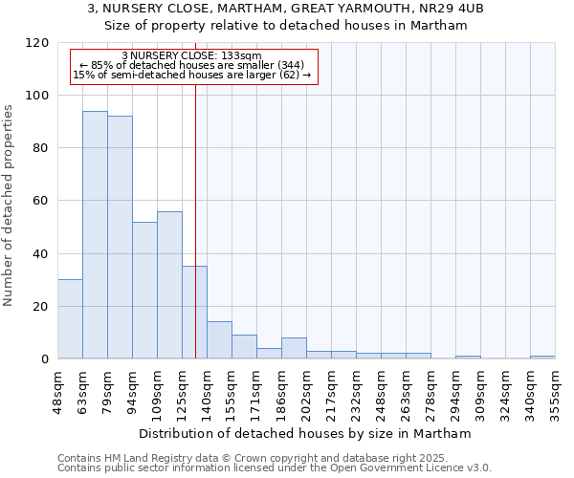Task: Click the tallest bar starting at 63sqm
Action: coord(95,234)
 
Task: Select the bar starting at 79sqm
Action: coord(120,237)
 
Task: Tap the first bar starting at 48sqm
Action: coord(70,319)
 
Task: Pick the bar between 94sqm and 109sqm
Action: coord(144,291)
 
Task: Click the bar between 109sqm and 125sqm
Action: coord(169,285)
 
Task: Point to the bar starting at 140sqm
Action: coord(219,340)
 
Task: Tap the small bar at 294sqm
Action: coord(468,358)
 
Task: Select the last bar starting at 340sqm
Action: coord(542,358)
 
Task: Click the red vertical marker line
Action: coord(195,191)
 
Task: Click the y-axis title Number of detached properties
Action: coord(9,205)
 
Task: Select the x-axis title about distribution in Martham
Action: coord(305,433)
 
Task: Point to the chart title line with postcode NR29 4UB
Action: coord(286,9)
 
